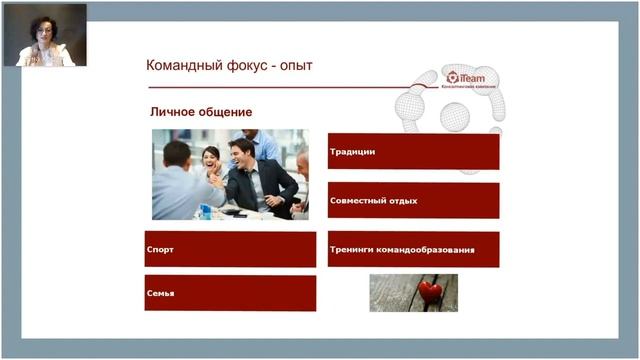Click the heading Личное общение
201,112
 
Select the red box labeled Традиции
413,151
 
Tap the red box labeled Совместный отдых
413,200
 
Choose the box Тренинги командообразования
413,249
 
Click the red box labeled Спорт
230,249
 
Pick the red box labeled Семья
230,293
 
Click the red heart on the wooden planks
430,292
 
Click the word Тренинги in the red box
353,249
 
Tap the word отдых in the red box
400,200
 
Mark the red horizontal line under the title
280,87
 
